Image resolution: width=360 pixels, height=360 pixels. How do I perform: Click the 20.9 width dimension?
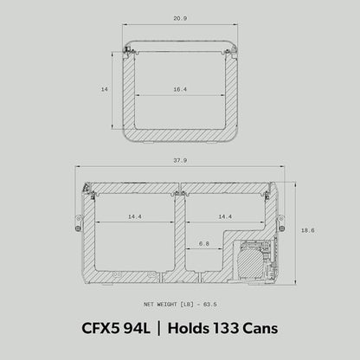(180, 18)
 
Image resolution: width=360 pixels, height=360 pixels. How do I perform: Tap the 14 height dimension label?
(104, 89)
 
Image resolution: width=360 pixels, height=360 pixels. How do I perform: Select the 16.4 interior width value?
(180, 89)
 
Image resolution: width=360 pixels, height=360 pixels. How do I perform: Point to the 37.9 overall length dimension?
(180, 160)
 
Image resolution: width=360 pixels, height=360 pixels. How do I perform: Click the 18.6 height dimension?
(308, 230)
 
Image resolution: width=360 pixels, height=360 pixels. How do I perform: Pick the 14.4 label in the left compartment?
(135, 216)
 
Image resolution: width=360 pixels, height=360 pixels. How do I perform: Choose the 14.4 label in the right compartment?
(225, 216)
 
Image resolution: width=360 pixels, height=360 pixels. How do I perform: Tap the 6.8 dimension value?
(203, 244)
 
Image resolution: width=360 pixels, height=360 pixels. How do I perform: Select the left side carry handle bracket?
(78, 222)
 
